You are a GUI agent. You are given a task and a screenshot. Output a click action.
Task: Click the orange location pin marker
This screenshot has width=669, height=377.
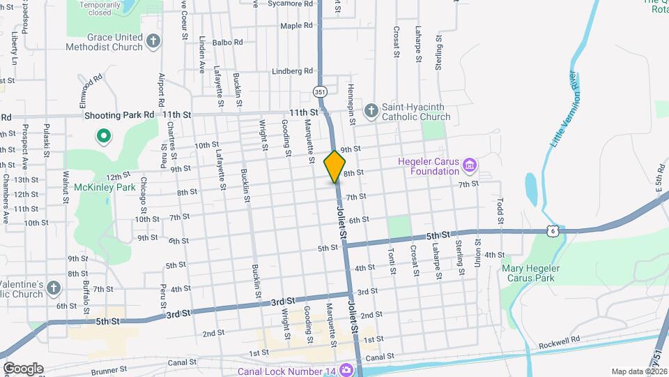(x=334, y=166)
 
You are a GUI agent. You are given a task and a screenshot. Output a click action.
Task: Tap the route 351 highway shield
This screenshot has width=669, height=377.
(x=319, y=91)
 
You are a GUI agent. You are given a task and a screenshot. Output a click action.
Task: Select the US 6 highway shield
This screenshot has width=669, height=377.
(x=553, y=230)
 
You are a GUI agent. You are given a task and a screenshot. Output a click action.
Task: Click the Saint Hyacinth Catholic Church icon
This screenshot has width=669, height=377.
(x=371, y=110)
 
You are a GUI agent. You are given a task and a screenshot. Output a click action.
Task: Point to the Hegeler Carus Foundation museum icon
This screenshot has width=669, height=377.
(x=470, y=165)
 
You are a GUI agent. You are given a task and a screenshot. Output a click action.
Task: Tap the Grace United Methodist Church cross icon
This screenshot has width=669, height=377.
(x=154, y=42)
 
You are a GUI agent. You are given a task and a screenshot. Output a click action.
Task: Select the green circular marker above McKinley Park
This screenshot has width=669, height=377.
(x=103, y=135)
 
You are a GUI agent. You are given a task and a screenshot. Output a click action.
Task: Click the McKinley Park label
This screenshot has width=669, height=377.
(x=105, y=187)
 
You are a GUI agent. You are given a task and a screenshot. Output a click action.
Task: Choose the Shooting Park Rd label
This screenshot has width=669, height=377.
(x=118, y=114)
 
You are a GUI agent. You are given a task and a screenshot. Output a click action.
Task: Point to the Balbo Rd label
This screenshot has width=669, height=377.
(x=229, y=42)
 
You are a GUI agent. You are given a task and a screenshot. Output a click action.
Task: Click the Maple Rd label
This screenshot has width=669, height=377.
(x=296, y=26)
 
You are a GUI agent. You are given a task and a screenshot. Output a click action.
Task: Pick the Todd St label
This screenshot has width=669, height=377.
(x=500, y=207)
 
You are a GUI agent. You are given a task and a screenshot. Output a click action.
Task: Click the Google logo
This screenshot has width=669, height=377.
(x=23, y=368)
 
